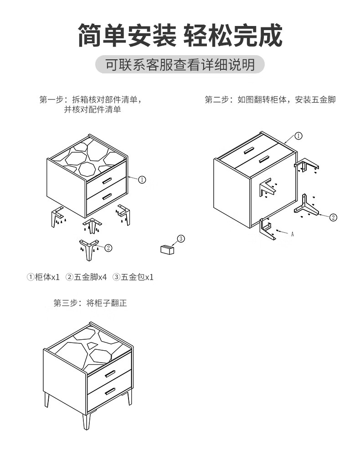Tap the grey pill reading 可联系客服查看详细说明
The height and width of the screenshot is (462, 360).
click(180, 65)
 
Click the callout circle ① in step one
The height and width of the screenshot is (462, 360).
click(142, 180)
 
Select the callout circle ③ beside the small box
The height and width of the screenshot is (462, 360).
click(180, 239)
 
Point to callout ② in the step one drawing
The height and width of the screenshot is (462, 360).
click(108, 248)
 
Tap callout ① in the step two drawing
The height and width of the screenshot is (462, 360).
click(298, 135)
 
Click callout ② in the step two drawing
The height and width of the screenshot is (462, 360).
click(333, 217)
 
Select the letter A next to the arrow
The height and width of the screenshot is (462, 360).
click(292, 234)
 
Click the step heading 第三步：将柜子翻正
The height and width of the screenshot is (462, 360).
click(90, 303)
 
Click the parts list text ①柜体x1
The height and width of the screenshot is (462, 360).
click(44, 277)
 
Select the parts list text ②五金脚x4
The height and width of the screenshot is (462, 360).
click(86, 277)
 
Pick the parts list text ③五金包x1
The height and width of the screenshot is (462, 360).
click(133, 277)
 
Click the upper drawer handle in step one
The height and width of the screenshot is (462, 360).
click(107, 181)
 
